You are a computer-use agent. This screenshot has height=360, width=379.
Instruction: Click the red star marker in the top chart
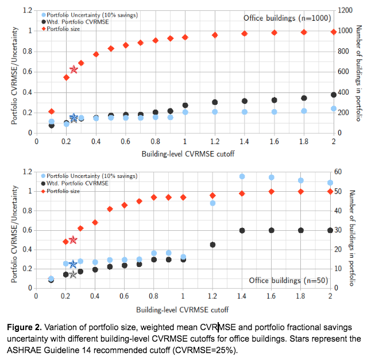pos(74,69)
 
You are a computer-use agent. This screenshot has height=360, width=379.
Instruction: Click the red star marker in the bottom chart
pos(73,239)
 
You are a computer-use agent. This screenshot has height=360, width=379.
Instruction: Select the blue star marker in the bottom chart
pos(73,264)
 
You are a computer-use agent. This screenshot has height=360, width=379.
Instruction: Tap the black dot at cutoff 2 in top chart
pos(334,95)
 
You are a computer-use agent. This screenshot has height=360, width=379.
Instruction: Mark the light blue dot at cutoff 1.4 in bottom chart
pos(242,176)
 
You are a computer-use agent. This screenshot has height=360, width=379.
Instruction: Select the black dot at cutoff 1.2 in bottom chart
pos(213,245)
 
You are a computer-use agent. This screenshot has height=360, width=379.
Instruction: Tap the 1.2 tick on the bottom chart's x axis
pos(213,296)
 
